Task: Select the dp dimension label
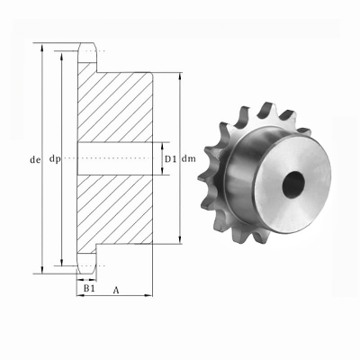click(56, 160)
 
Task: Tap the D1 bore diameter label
click(169, 160)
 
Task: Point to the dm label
click(188, 160)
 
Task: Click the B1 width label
click(87, 291)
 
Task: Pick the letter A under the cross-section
click(118, 291)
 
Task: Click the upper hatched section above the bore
click(117, 103)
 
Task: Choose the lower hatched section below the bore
click(117, 211)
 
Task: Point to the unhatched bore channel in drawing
click(117, 159)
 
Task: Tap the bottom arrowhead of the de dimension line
click(41, 269)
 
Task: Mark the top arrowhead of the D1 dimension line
click(162, 145)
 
